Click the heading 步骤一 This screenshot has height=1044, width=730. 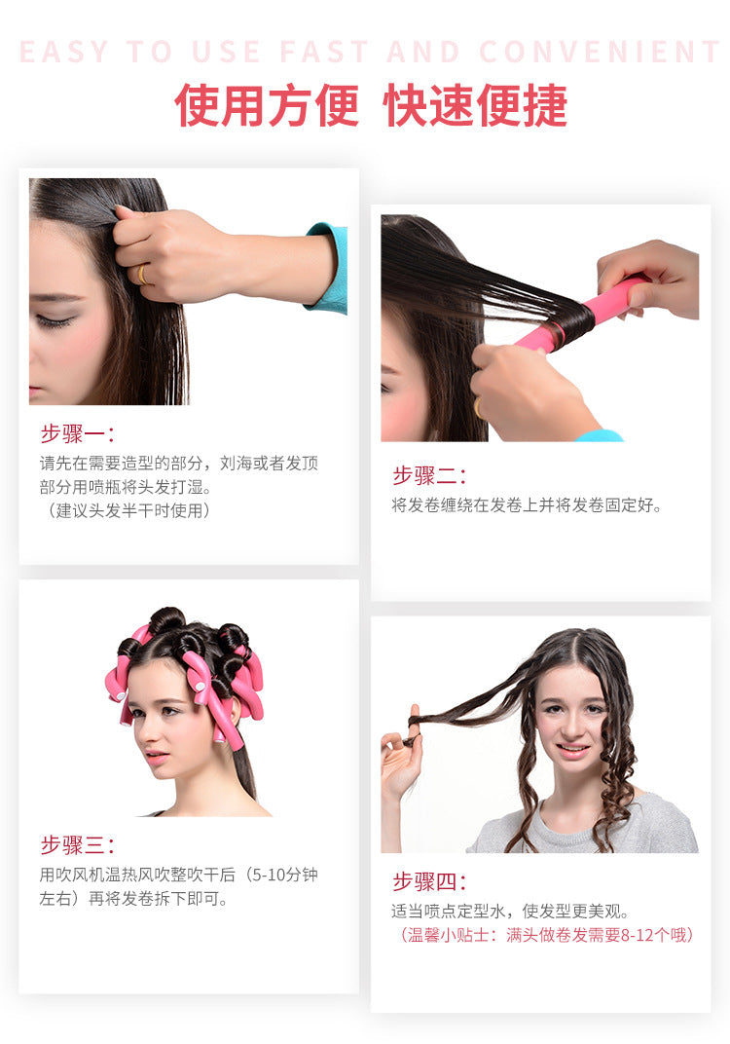point(77,433)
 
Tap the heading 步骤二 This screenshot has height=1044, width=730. point(429,475)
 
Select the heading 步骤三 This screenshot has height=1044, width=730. point(77,845)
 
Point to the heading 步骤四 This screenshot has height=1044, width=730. point(429,881)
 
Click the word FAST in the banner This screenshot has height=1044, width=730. point(324,52)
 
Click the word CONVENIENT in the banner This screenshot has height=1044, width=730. point(599,52)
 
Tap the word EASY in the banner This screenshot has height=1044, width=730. point(64,52)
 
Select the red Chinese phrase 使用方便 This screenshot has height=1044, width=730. point(266,105)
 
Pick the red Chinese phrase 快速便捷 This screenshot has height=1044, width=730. point(475,105)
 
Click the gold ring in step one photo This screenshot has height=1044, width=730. point(142,274)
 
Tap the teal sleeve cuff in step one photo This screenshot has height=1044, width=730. point(329,268)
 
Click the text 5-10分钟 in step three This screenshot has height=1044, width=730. point(284,875)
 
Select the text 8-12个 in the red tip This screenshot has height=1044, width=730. point(644,935)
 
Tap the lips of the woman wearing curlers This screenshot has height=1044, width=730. point(156,757)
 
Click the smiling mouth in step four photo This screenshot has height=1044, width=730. point(571,751)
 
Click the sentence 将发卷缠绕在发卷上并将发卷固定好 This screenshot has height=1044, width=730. point(527,505)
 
